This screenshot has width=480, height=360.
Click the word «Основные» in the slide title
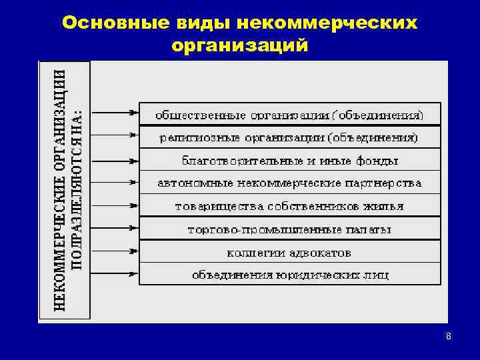point(107,23)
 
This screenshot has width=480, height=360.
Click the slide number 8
point(449,337)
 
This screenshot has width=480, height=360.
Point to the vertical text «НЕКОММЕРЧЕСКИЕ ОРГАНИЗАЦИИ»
point(59,189)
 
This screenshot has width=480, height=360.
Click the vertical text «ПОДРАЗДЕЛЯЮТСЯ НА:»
point(77,189)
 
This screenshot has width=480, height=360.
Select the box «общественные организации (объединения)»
point(289,114)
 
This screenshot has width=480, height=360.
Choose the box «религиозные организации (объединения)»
point(289,137)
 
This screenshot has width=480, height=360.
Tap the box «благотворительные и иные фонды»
point(289,160)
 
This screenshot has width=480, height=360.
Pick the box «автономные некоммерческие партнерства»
point(289,183)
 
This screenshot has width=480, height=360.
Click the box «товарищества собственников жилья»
point(289,205)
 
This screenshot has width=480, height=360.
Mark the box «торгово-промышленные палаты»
point(289,229)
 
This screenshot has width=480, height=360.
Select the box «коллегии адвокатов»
point(289,252)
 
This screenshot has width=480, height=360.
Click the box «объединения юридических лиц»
point(289,274)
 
